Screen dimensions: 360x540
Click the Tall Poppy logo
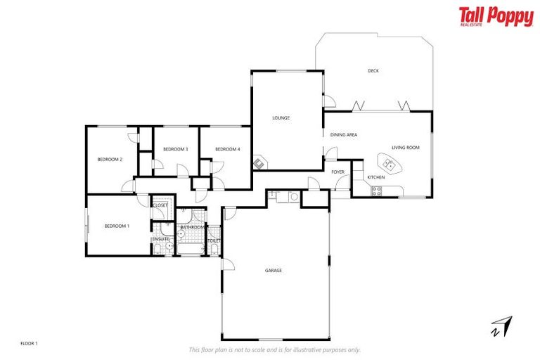(x=496, y=17)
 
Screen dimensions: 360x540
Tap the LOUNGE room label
(x=281, y=118)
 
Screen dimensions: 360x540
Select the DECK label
(x=373, y=70)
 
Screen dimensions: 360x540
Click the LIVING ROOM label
(x=406, y=148)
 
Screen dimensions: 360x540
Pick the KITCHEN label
(x=376, y=177)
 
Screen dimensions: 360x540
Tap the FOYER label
(x=338, y=172)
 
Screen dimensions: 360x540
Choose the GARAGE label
(x=274, y=270)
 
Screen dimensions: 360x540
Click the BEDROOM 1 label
(x=117, y=226)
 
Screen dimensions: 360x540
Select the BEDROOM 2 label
(x=110, y=160)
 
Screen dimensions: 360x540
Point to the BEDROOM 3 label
(x=175, y=149)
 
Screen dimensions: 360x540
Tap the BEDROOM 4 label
(x=227, y=149)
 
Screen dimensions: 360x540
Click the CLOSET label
(x=160, y=205)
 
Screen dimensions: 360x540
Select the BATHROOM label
(x=191, y=228)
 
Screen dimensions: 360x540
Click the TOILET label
(x=214, y=240)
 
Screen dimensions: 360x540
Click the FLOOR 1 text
(x=29, y=343)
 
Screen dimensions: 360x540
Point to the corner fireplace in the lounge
(x=259, y=164)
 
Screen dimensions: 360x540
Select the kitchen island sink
(x=388, y=164)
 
